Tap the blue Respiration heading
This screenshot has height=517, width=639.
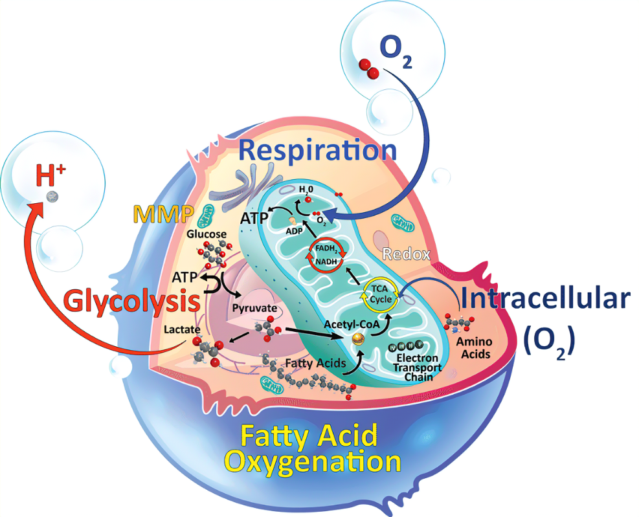click(317, 151)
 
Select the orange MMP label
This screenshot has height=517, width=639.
click(163, 214)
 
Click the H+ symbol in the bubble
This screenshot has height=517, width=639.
click(50, 175)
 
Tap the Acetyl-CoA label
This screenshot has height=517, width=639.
click(352, 324)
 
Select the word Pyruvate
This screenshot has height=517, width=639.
click(254, 309)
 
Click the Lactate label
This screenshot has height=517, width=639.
click(182, 329)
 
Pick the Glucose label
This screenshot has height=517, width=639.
click(207, 234)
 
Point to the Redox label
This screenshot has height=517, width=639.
click(407, 254)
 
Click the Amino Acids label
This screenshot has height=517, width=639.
click(475, 348)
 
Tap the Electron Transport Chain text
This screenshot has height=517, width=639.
click(418, 367)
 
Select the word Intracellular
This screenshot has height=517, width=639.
click(546, 299)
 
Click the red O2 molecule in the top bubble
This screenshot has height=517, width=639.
click(369, 69)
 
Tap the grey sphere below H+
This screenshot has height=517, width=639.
click(52, 197)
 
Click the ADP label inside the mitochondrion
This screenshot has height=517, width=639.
click(294, 231)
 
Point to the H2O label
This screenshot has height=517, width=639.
click(306, 189)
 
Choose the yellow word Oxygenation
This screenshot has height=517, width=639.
click(313, 461)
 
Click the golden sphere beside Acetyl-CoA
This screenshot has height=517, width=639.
click(358, 338)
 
